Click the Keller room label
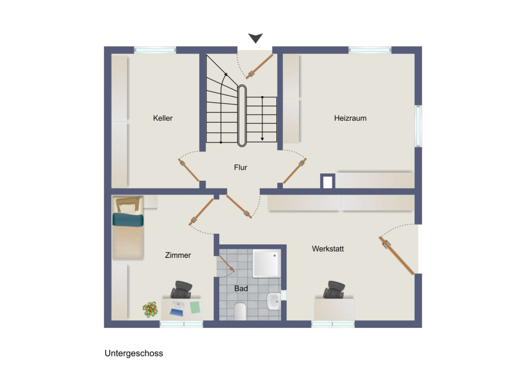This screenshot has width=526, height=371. pyautogui.click(x=162, y=118)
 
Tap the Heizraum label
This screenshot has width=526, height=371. pyautogui.click(x=350, y=118)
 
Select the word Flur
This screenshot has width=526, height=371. pyautogui.click(x=241, y=167)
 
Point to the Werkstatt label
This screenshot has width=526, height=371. pyautogui.click(x=328, y=249)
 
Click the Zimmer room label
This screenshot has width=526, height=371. pyautogui.click(x=178, y=255)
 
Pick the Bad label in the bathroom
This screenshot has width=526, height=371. pyautogui.click(x=241, y=288)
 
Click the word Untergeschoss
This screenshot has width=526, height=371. pyautogui.click(x=134, y=353)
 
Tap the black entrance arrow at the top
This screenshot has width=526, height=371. pyautogui.click(x=255, y=38)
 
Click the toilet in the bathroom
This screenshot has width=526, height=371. pyautogui.click(x=240, y=311)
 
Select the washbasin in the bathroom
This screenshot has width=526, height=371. pyautogui.click(x=274, y=302)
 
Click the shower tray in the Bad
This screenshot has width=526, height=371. pyautogui.click(x=267, y=263)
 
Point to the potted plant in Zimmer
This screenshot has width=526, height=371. pyautogui.click(x=150, y=309)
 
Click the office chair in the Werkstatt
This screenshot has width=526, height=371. pyautogui.click(x=334, y=290)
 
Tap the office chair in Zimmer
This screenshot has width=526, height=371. pyautogui.click(x=182, y=290)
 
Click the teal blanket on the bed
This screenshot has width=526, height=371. pyautogui.click(x=128, y=220)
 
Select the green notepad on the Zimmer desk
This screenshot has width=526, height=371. pyautogui.click(x=195, y=307)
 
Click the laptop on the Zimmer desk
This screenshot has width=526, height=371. pyautogui.click(x=177, y=309)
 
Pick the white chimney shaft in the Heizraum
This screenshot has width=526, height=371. pyautogui.click(x=327, y=182)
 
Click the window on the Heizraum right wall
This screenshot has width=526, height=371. pyautogui.click(x=418, y=126)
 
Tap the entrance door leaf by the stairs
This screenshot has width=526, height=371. pyautogui.click(x=259, y=66)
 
